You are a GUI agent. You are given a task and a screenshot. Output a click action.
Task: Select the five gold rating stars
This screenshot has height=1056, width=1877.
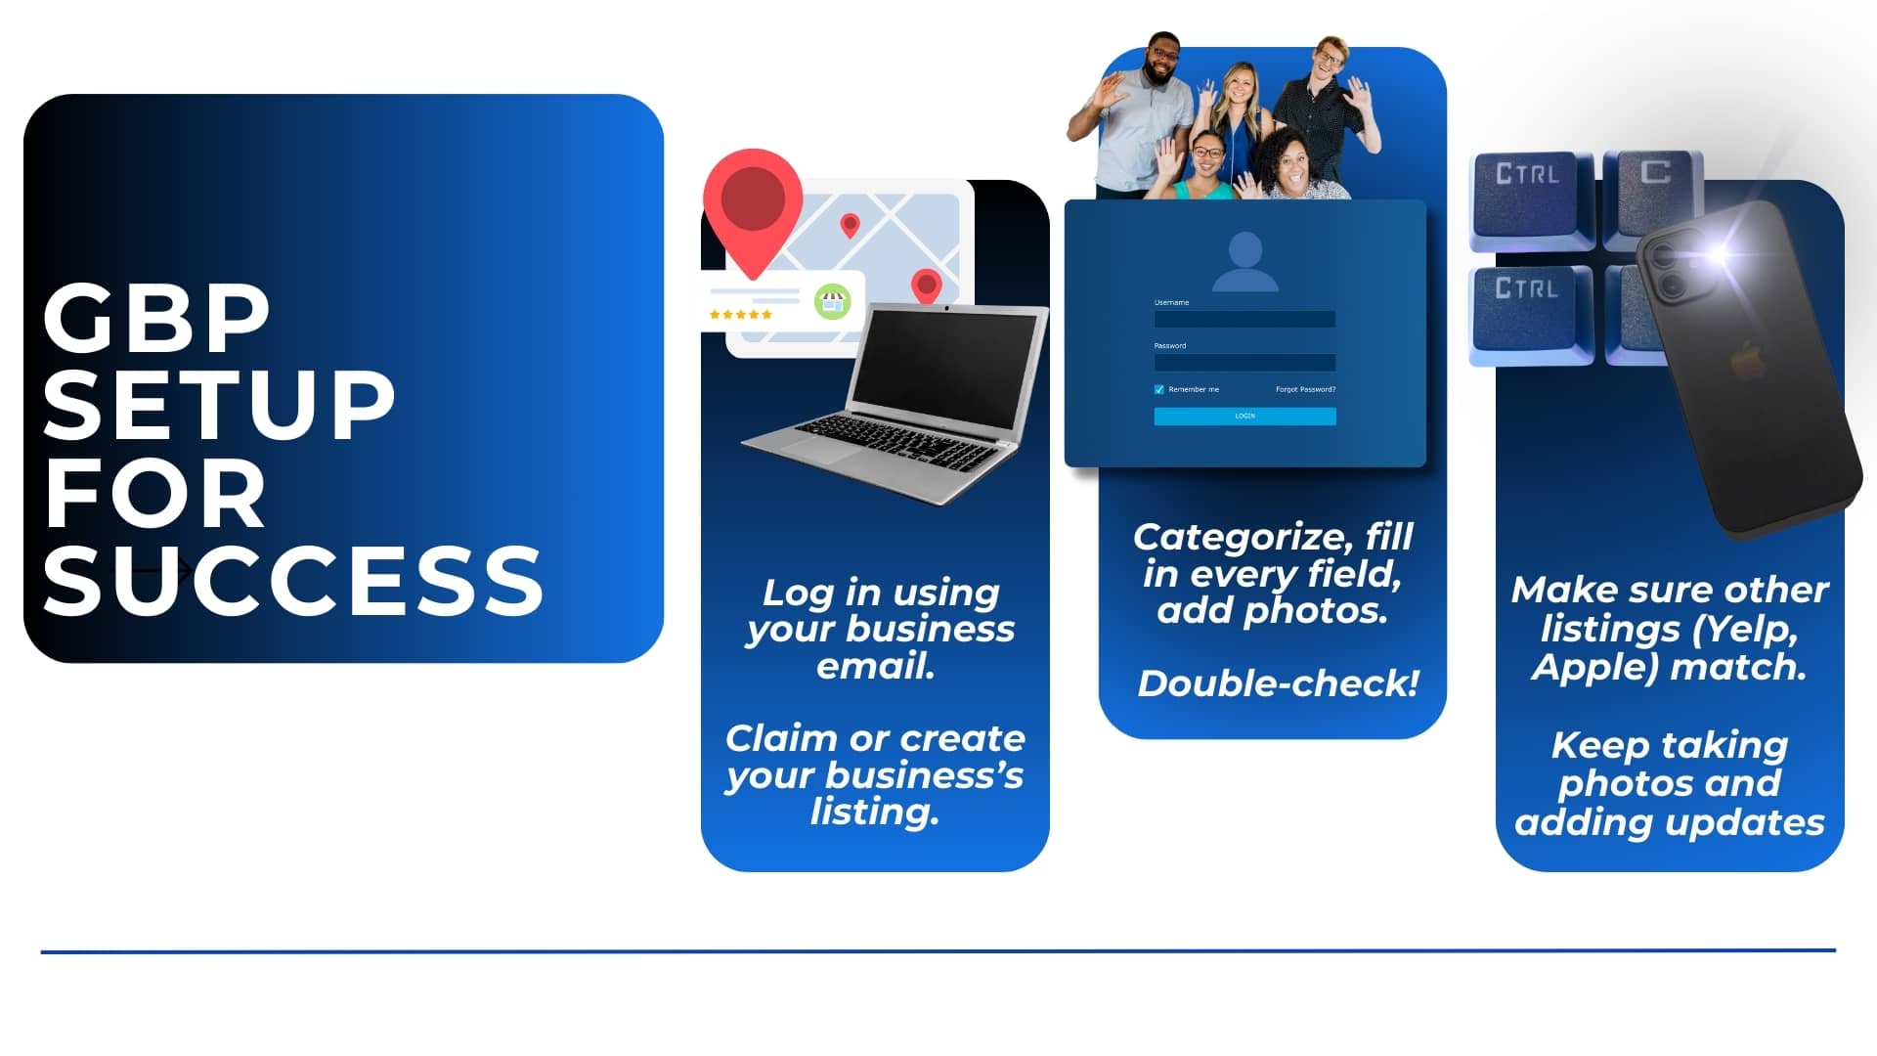click(740, 314)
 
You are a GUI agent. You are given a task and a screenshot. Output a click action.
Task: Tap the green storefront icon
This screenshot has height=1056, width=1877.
click(832, 302)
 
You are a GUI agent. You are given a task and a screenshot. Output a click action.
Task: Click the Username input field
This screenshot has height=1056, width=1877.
click(1244, 319)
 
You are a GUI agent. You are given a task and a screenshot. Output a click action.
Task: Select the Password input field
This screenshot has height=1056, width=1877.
click(1244, 362)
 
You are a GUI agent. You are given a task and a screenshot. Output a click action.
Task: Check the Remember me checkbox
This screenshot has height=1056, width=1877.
click(1159, 389)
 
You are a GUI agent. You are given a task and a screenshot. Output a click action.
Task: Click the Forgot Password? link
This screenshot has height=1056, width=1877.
click(1305, 389)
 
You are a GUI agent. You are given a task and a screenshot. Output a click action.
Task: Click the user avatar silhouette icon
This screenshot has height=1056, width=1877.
click(1244, 262)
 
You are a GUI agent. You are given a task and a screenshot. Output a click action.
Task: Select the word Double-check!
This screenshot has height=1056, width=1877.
click(1278, 683)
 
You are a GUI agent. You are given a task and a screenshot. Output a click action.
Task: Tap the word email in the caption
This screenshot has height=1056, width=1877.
click(876, 666)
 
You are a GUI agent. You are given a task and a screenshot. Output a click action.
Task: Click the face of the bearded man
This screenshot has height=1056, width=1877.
click(1161, 63)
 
